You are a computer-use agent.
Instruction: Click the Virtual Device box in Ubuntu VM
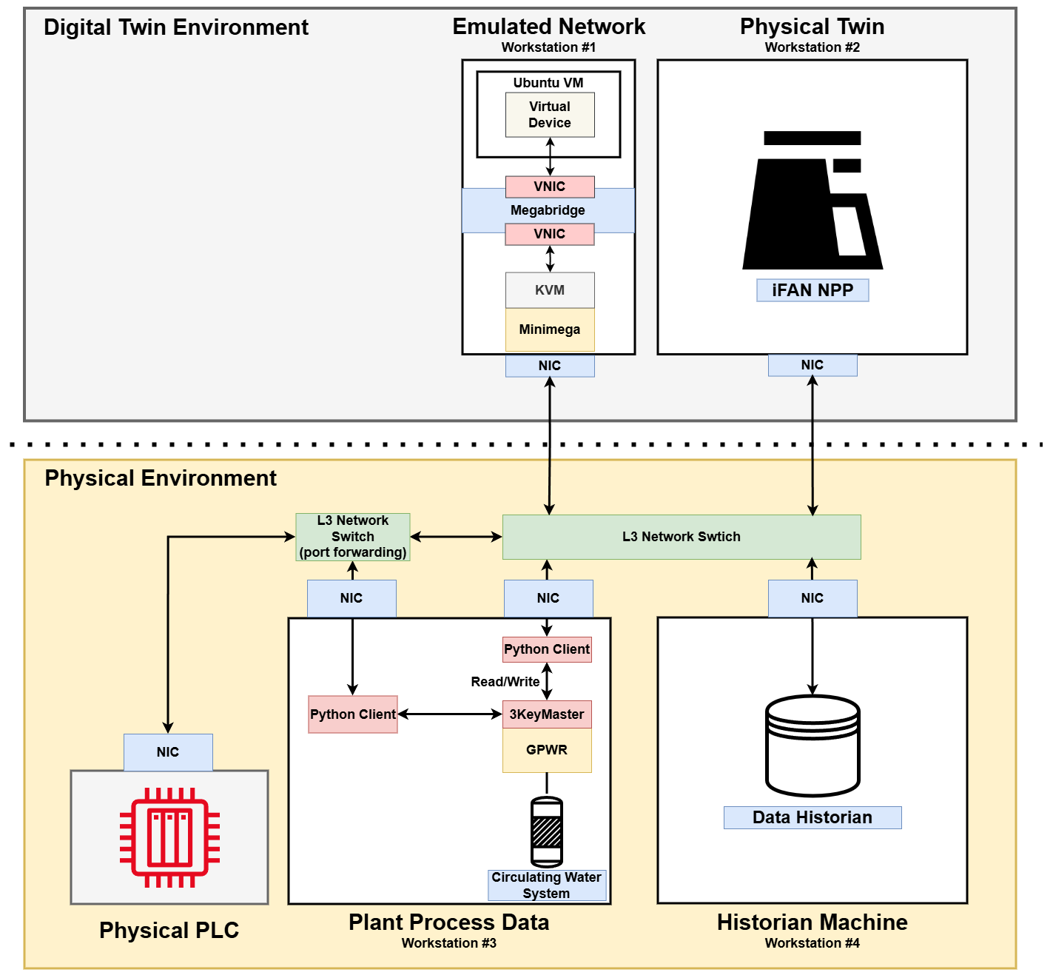(549, 115)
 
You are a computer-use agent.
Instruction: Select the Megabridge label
(548, 210)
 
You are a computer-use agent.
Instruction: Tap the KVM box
(549, 290)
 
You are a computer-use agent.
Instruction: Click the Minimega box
(549, 329)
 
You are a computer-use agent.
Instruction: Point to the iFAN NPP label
(812, 290)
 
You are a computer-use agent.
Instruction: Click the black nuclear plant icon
(812, 201)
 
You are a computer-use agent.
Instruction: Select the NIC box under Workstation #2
(812, 365)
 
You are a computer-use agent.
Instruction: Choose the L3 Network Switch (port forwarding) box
(352, 537)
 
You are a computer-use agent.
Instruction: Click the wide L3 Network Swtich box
(681, 537)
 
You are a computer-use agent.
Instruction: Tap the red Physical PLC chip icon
(169, 837)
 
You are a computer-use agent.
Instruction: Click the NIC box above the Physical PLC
(168, 752)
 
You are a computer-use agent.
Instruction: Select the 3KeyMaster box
(546, 714)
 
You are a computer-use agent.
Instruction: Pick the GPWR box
(546, 750)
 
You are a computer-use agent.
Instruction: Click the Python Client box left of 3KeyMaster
(352, 714)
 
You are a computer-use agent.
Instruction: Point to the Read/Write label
(505, 682)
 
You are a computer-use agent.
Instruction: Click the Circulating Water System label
(546, 885)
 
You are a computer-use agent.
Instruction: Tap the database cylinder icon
(812, 746)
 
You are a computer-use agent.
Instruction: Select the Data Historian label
(812, 817)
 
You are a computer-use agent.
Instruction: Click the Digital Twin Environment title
(176, 27)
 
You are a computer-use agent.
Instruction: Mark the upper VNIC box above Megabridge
(549, 187)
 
